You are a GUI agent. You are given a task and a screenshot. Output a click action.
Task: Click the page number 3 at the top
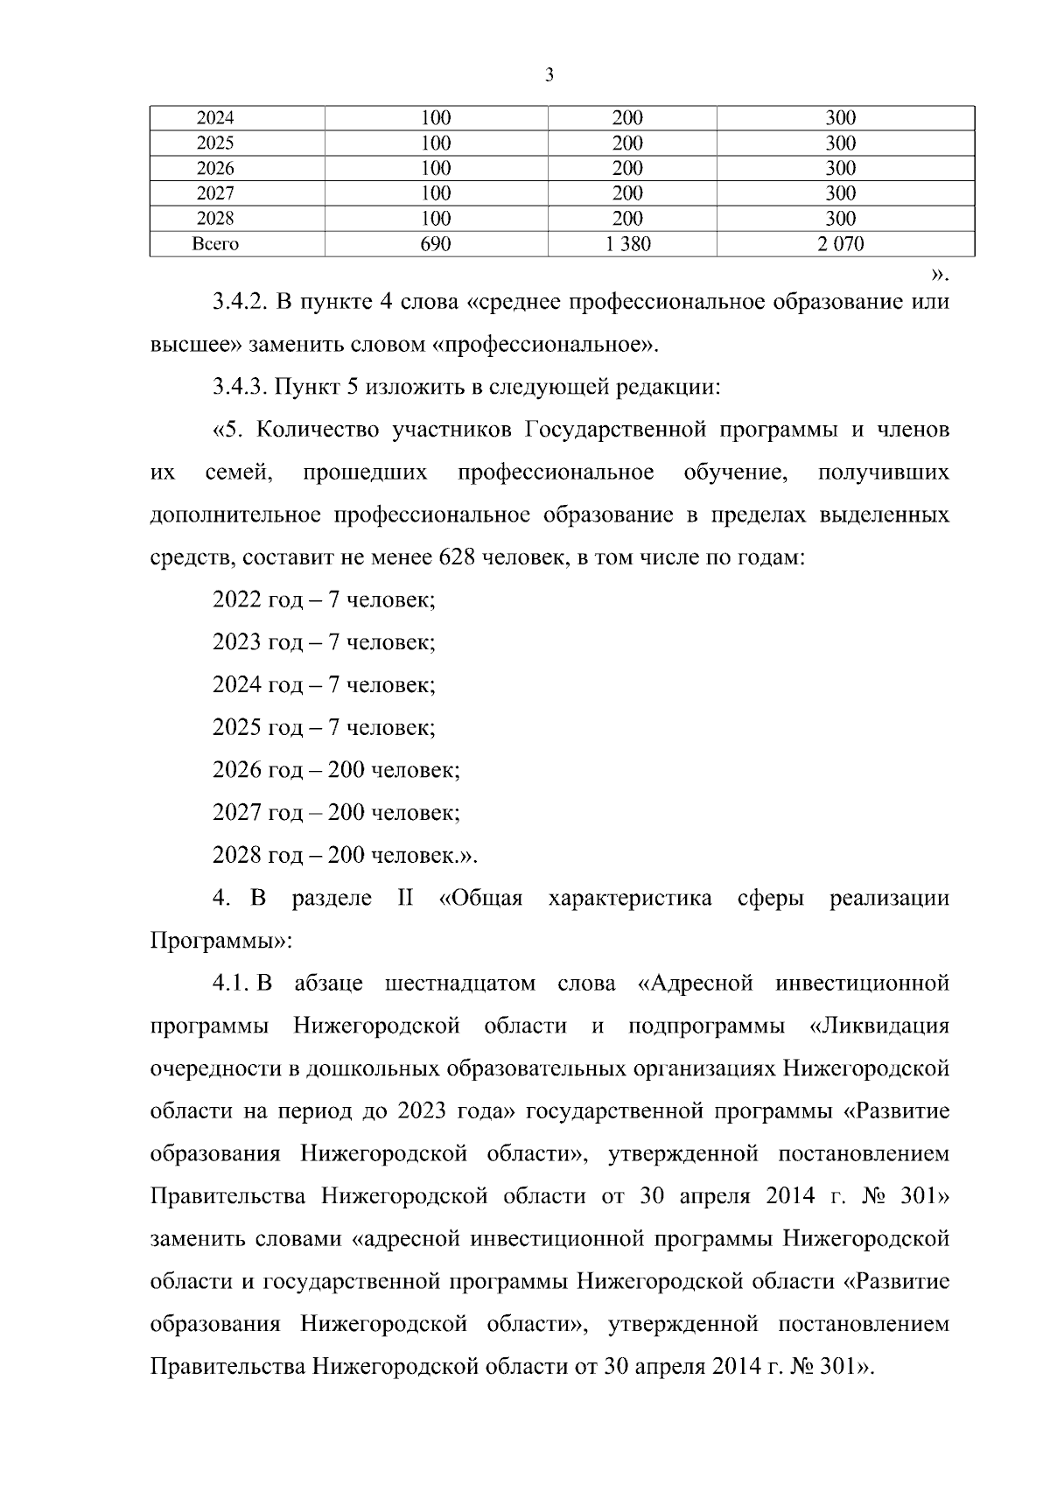click(549, 75)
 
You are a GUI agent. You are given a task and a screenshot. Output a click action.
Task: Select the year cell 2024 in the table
click(215, 118)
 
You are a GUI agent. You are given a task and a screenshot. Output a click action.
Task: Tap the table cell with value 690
click(436, 244)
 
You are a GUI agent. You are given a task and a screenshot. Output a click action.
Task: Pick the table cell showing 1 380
click(627, 244)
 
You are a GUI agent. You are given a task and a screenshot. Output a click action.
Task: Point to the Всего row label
click(215, 244)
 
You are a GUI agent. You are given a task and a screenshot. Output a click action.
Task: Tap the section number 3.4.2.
click(239, 303)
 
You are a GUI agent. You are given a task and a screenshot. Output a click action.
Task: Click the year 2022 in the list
click(236, 600)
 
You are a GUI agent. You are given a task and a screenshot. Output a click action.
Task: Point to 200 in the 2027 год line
click(346, 813)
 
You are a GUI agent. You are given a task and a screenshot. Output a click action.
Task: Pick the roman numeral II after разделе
click(405, 899)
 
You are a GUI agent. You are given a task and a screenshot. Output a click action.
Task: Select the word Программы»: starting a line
click(220, 942)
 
